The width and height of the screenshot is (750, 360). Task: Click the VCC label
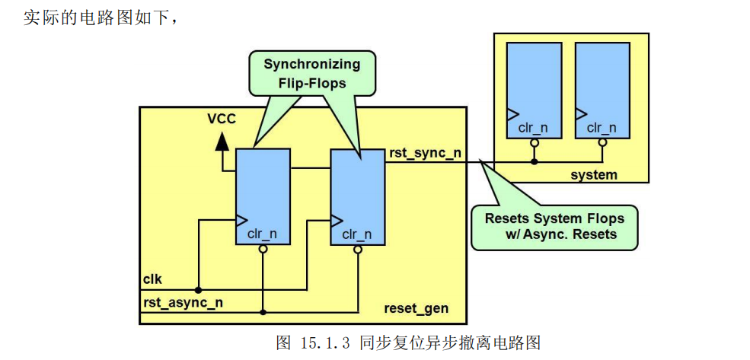point(222,119)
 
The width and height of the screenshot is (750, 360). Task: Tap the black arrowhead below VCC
point(222,141)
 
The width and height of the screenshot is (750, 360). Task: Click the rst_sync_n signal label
point(425,152)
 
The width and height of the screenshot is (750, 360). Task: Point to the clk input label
point(152,279)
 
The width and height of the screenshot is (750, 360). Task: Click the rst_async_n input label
point(183,302)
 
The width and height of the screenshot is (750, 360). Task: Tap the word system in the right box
point(594,175)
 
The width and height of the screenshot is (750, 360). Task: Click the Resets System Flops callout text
point(554,226)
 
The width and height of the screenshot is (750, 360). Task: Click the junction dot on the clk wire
point(198,290)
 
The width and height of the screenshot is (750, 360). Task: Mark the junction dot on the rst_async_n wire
point(263,312)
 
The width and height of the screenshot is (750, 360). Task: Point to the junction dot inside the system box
point(535,161)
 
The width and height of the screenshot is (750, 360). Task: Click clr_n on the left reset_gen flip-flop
point(263,234)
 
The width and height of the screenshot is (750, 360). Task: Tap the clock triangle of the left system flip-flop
point(512,113)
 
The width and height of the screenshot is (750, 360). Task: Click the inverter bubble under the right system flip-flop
point(602,142)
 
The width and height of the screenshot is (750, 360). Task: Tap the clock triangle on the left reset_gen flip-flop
point(241,220)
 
